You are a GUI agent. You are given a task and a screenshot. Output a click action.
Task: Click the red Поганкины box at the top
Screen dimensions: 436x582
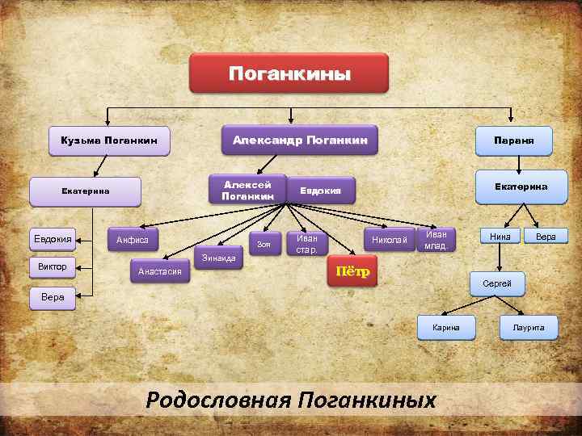click(x=289, y=74)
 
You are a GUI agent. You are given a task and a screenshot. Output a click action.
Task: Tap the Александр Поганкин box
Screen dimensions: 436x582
click(x=300, y=140)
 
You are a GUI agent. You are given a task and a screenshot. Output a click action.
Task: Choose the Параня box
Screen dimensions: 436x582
click(x=513, y=140)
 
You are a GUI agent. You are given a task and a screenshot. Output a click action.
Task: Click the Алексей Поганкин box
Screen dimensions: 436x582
click(x=247, y=190)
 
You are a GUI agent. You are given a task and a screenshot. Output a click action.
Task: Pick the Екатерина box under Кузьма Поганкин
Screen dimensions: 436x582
click(x=85, y=191)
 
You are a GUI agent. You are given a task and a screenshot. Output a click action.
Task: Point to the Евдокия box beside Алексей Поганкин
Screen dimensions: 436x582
click(x=321, y=191)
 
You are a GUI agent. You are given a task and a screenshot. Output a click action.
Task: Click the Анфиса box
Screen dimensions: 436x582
click(x=133, y=240)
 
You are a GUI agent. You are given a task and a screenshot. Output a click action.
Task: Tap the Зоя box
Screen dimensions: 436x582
click(x=263, y=243)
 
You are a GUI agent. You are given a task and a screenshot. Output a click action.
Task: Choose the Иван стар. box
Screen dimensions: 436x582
click(x=307, y=243)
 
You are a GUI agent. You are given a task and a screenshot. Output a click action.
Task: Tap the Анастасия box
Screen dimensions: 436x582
click(x=159, y=272)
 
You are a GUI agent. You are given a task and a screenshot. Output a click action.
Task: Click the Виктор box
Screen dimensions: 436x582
click(x=52, y=266)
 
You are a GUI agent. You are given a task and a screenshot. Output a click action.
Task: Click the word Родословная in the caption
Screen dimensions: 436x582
click(x=217, y=399)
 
